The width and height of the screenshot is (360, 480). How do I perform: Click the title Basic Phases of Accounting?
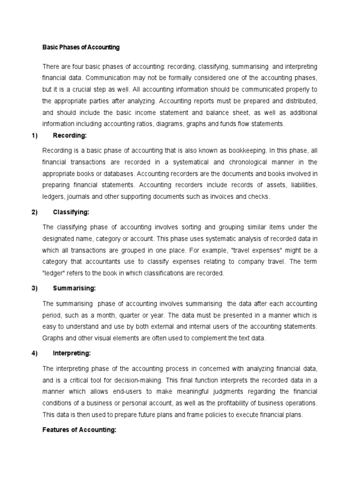pyautogui.click(x=81, y=47)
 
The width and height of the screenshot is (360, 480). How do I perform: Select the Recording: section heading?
pyautogui.click(x=70, y=136)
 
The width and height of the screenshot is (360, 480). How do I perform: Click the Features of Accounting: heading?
pyautogui.click(x=79, y=430)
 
